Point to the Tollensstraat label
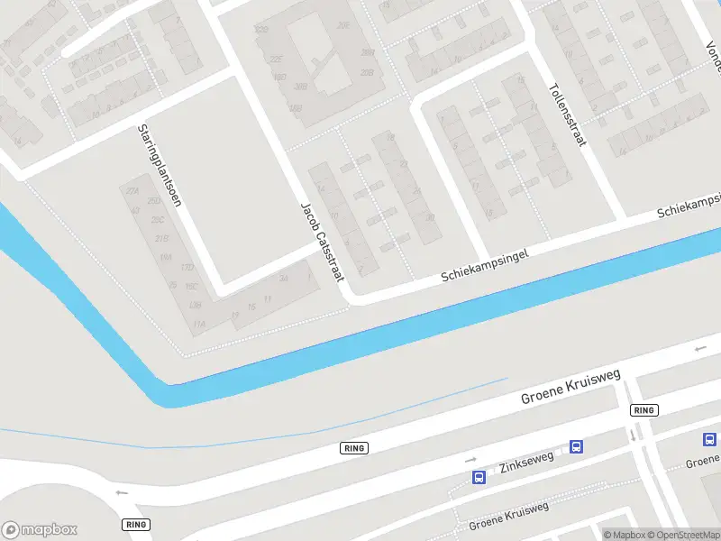[x=567, y=115]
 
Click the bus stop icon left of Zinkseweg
[x=479, y=477]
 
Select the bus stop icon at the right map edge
[x=710, y=439]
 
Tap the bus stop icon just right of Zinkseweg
[x=576, y=446]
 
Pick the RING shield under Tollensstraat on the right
[x=643, y=410]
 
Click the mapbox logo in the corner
[x=40, y=529]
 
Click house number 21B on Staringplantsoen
[x=162, y=238]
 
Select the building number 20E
[x=342, y=26]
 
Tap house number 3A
[x=283, y=280]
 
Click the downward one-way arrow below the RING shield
[x=633, y=435]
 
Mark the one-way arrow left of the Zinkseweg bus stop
[x=470, y=460]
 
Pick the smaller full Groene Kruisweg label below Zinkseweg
[x=508, y=514]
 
